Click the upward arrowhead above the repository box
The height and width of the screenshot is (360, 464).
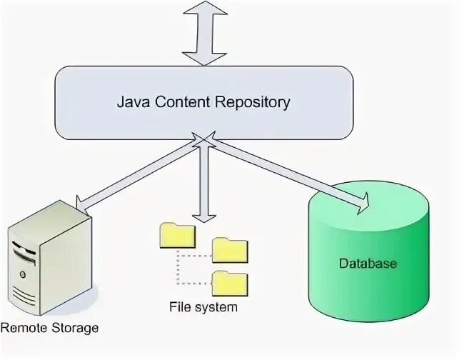coord(205,9)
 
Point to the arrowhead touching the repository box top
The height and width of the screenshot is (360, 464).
coord(205,56)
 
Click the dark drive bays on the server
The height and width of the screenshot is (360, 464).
coord(24,249)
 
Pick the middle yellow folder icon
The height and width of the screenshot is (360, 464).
coord(230,249)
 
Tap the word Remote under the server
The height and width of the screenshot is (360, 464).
coord(24,328)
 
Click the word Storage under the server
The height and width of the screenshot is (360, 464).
coord(74,329)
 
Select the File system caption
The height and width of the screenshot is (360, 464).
coord(203,308)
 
